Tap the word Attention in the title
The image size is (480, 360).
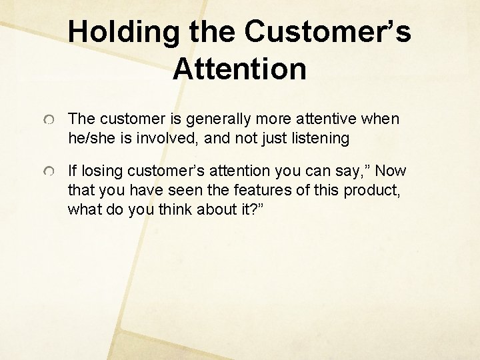pyautogui.click(x=240, y=69)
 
